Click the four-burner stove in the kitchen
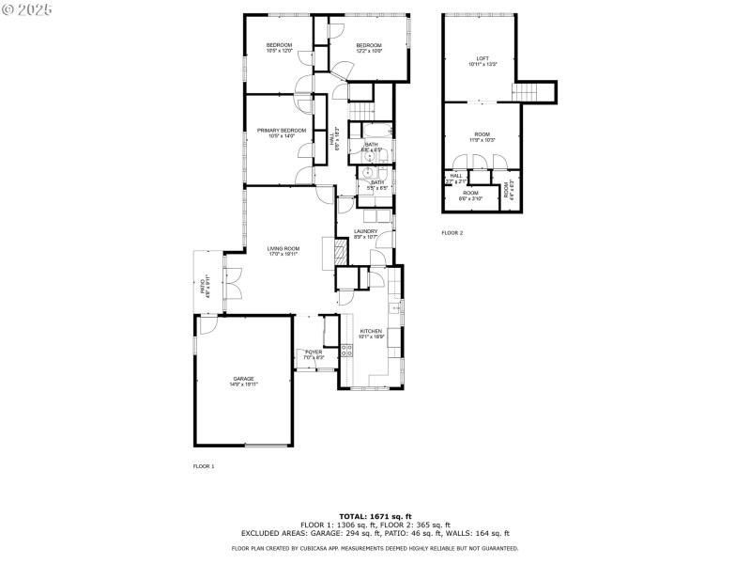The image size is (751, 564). coord(346,352)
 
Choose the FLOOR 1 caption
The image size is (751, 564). coord(204,466)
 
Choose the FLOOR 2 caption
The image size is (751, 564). coord(452,233)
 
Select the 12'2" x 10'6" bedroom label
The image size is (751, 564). coord(368,48)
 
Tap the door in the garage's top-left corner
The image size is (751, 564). coord(207,323)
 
